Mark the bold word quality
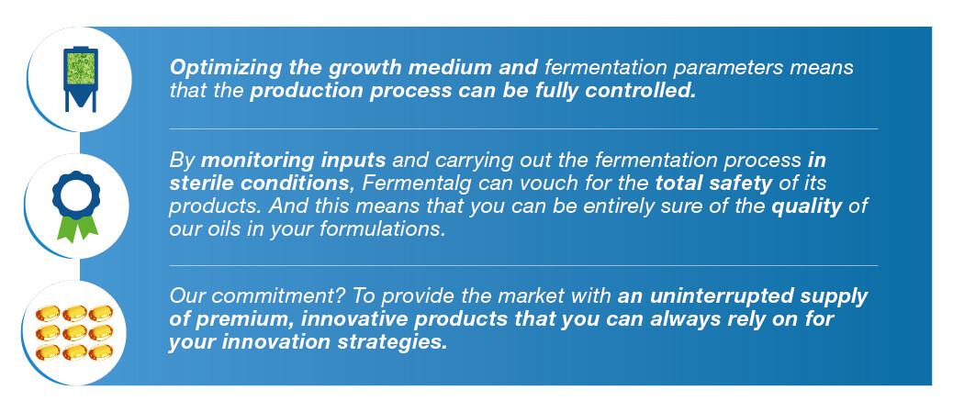click(x=806, y=206)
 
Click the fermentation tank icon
click(x=80, y=79)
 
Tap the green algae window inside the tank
click(x=80, y=68)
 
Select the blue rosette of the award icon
click(x=76, y=195)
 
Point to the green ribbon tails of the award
click(x=77, y=228)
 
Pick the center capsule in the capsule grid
click(x=74, y=332)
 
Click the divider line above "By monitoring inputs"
click(x=523, y=128)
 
